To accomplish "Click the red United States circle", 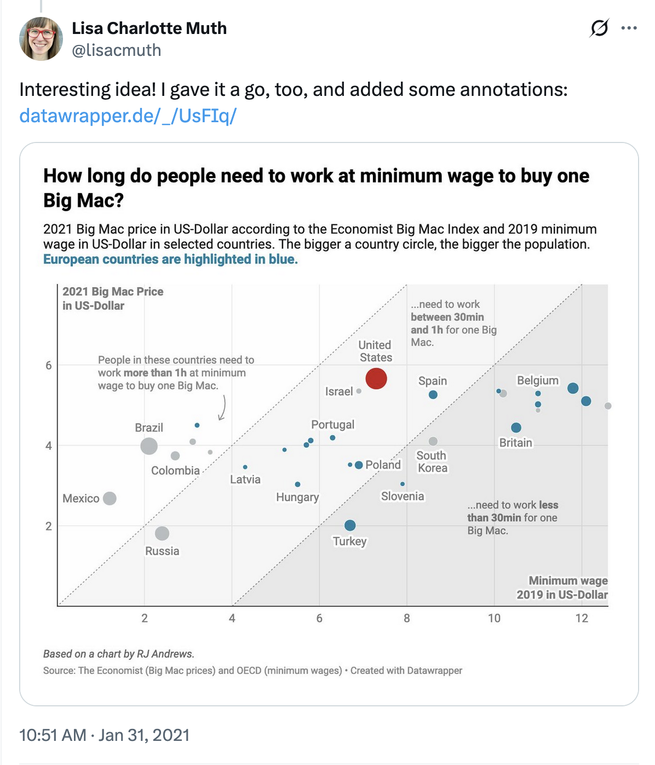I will pyautogui.click(x=376, y=378).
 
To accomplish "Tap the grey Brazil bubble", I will pyautogui.click(x=149, y=446).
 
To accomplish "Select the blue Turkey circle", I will pyautogui.click(x=350, y=526).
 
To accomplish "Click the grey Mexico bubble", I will pyautogui.click(x=110, y=498).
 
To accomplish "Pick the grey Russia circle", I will pyautogui.click(x=162, y=533).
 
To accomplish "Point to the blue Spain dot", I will pyautogui.click(x=433, y=395).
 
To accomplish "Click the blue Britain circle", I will pyautogui.click(x=516, y=427).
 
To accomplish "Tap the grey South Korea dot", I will pyautogui.click(x=433, y=441).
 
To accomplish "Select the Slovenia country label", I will pyautogui.click(x=403, y=496).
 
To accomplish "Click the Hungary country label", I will pyautogui.click(x=297, y=497).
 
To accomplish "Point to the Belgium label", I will pyautogui.click(x=538, y=380).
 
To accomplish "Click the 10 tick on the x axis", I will pyautogui.click(x=494, y=618).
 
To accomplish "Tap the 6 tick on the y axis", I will pyautogui.click(x=49, y=366).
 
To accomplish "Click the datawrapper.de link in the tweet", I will pyautogui.click(x=128, y=116).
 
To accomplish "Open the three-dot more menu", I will pyautogui.click(x=629, y=28).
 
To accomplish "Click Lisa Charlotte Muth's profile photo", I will pyautogui.click(x=41, y=38).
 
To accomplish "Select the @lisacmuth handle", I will pyautogui.click(x=117, y=50).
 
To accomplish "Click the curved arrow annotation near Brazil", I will pyautogui.click(x=222, y=408).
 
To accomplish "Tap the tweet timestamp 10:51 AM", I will pyautogui.click(x=53, y=735).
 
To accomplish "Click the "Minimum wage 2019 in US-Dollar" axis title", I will pyautogui.click(x=562, y=587).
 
